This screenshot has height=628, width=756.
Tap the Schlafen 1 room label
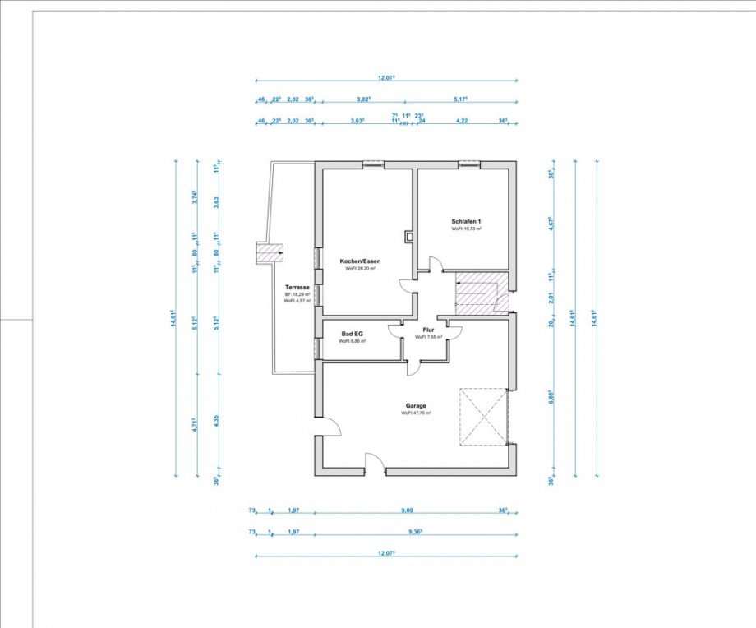click(465, 222)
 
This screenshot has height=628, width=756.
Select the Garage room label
click(416, 405)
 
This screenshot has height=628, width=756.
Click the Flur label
click(428, 330)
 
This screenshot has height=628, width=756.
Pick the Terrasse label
click(297, 286)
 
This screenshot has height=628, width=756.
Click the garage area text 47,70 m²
click(416, 413)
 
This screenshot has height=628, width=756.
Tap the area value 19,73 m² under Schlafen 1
click(466, 229)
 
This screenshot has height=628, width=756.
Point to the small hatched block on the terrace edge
click(270, 253)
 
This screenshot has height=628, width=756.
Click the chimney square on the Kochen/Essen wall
click(409, 238)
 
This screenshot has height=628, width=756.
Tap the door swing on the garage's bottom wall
click(375, 462)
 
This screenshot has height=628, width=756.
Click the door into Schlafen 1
click(436, 265)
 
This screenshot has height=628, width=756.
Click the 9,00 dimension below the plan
click(407, 510)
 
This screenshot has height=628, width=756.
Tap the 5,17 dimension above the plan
click(460, 99)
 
